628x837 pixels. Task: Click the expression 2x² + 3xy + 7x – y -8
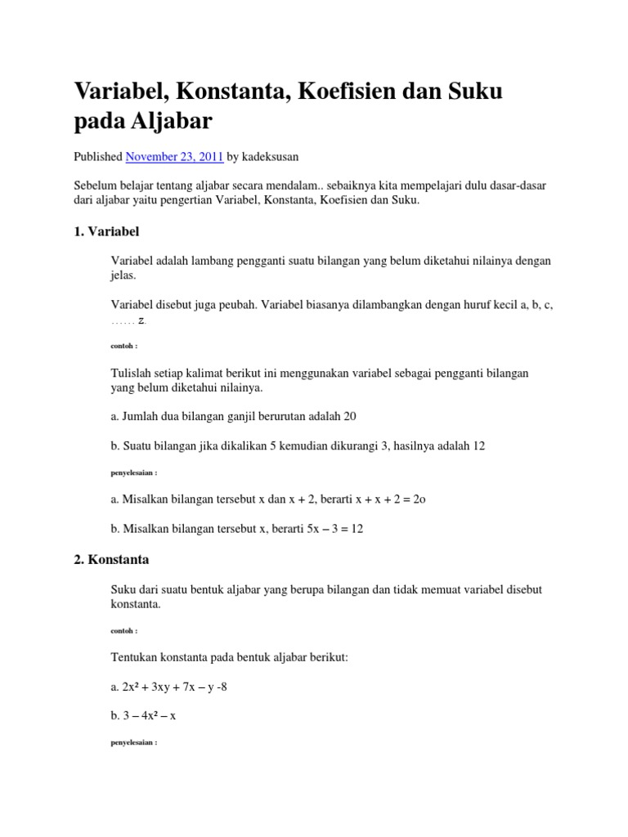pos(174,687)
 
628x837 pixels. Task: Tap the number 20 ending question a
pos(349,416)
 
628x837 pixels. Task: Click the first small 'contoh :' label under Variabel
pos(124,346)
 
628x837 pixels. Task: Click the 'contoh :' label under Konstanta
pos(124,631)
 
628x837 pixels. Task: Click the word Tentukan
pos(133,658)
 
